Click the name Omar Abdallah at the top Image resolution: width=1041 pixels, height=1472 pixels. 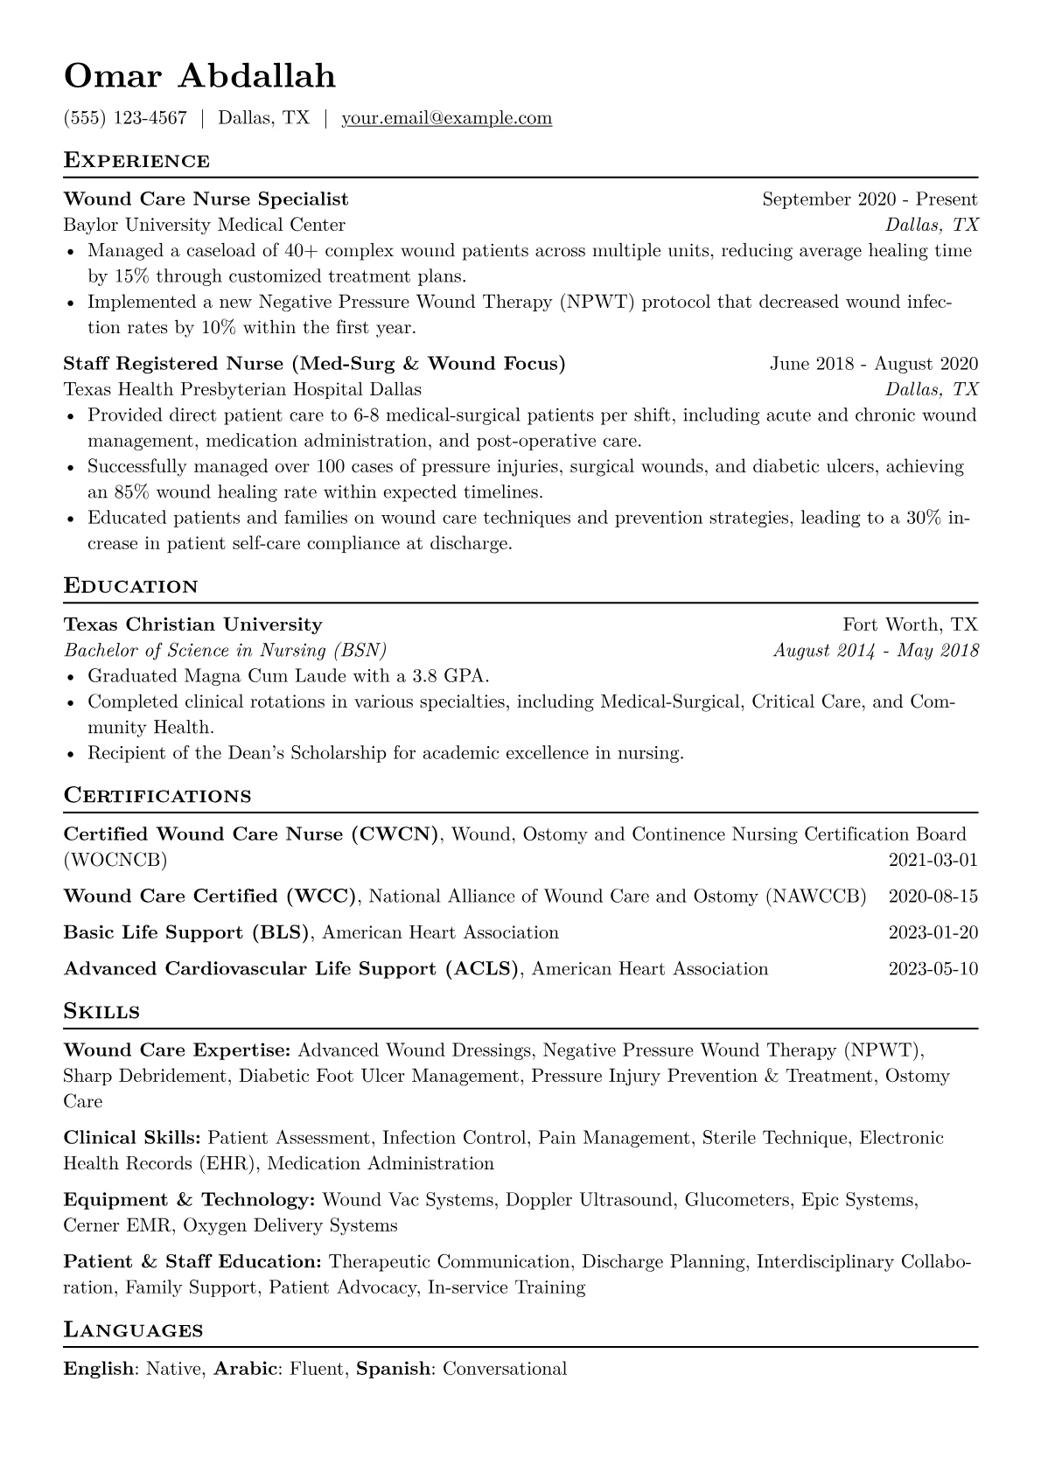coord(199,77)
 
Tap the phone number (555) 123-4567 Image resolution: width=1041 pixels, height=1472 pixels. coord(125,118)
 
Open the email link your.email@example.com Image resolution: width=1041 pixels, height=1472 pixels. coord(446,118)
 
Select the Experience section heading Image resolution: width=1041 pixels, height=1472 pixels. coord(136,161)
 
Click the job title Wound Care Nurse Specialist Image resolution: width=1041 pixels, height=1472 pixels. coord(206,199)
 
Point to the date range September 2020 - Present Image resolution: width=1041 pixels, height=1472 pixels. coord(870,199)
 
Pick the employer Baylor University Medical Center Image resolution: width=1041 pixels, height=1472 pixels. coord(205,225)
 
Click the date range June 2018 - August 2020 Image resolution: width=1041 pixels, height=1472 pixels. coord(874,364)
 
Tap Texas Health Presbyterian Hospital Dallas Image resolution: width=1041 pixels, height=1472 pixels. coord(242,389)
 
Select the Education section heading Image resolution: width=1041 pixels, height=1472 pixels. coord(131,586)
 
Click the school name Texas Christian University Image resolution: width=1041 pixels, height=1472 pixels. coord(193,624)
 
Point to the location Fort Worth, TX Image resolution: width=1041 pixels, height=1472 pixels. coord(910,624)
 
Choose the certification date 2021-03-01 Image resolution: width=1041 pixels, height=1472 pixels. coord(933,860)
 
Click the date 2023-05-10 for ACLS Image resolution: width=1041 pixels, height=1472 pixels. coord(933,969)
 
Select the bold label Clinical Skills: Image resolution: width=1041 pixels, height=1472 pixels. coord(132,1138)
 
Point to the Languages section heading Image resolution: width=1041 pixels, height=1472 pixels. coord(133,1331)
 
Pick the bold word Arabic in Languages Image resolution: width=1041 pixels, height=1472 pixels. coord(246,1369)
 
